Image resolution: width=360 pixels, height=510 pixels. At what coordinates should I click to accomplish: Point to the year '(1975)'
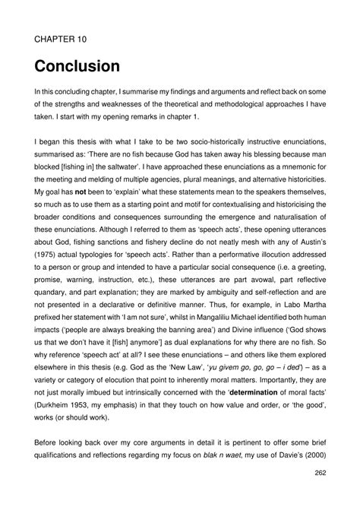49,250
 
